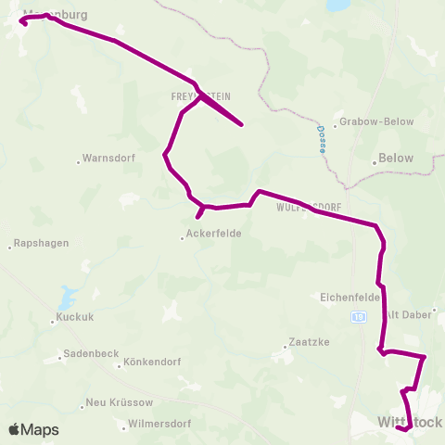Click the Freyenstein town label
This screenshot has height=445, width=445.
(x=200, y=95)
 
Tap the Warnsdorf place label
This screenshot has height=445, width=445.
(x=109, y=158)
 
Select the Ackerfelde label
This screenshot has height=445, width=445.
(x=214, y=234)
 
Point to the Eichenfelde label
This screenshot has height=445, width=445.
(x=350, y=297)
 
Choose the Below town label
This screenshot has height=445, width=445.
(x=397, y=159)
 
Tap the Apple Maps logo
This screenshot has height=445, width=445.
(x=33, y=429)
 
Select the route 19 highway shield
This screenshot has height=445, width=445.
(x=359, y=316)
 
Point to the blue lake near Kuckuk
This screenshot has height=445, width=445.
(x=66, y=298)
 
